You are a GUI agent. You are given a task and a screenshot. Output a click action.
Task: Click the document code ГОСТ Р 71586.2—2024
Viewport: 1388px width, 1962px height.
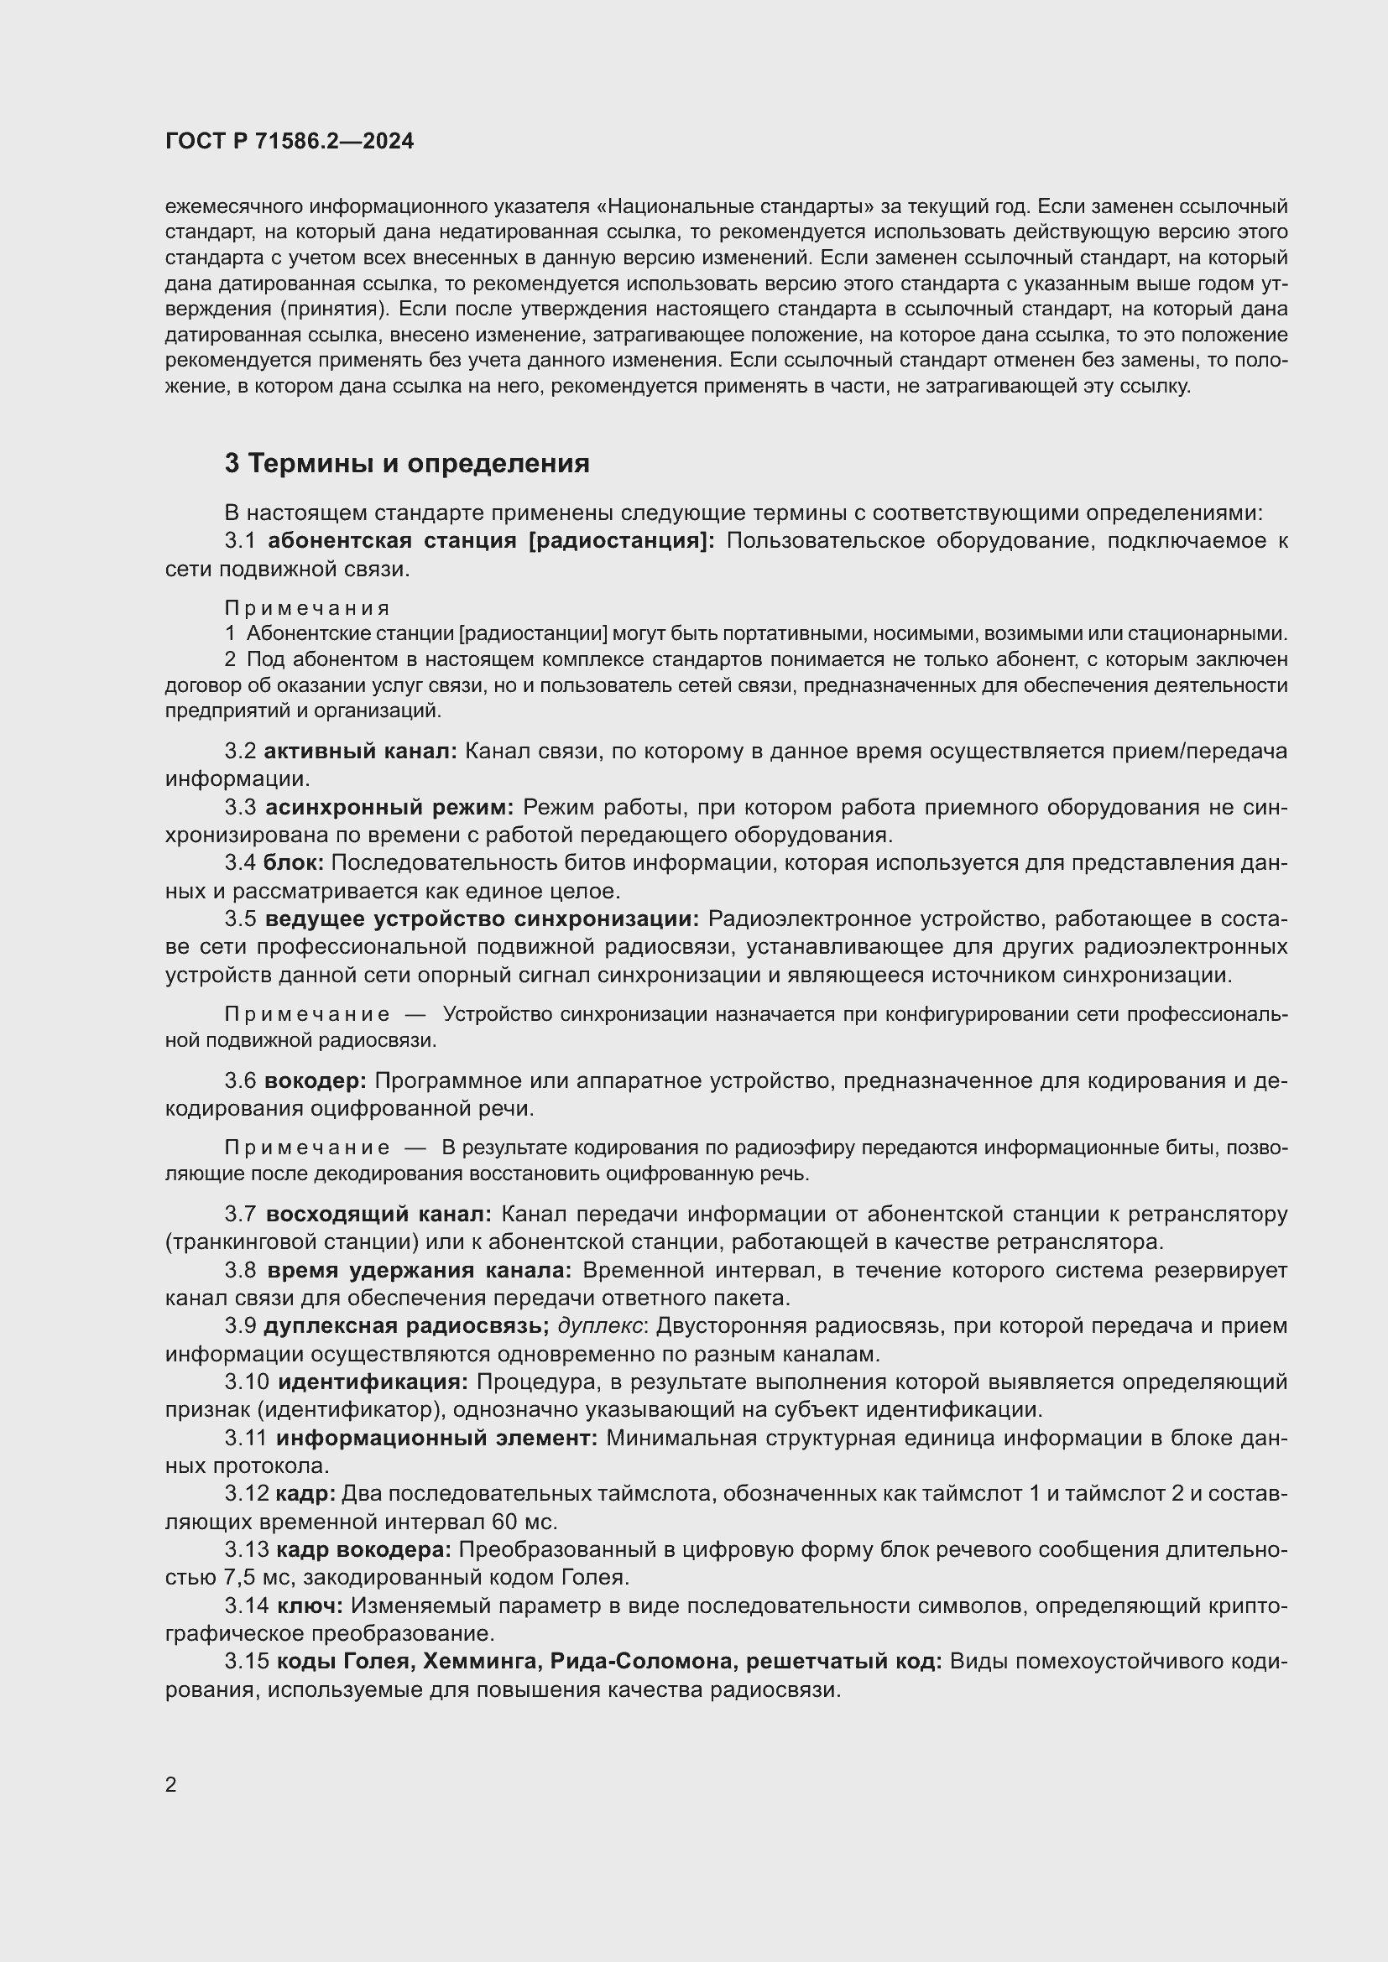click(x=289, y=141)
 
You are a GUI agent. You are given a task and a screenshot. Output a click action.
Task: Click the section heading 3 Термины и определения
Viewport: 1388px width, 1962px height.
click(x=407, y=463)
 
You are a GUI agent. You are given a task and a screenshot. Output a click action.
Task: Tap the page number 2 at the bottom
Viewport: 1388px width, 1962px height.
click(x=171, y=1784)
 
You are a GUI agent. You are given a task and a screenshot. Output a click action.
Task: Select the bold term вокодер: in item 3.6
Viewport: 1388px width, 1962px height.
click(x=316, y=1080)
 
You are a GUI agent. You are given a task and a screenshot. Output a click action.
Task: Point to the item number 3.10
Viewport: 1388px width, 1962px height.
click(x=247, y=1382)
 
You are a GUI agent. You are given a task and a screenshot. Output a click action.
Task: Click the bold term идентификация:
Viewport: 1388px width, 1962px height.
click(x=373, y=1382)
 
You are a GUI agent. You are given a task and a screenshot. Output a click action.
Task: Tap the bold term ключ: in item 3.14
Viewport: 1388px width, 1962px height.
click(x=310, y=1606)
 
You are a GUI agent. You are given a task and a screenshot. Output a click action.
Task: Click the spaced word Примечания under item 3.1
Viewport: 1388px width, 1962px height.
click(x=307, y=607)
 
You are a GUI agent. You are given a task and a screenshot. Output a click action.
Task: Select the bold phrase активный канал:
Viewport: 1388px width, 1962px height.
click(x=360, y=751)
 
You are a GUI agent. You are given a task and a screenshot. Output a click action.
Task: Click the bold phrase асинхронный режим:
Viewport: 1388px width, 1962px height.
click(x=389, y=807)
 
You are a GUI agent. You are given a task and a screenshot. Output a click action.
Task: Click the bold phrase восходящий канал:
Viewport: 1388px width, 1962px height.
click(x=378, y=1214)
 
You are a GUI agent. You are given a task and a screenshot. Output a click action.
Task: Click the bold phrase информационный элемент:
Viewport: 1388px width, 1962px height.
click(x=436, y=1439)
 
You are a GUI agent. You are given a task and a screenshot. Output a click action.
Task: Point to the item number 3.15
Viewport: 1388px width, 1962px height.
click(x=247, y=1662)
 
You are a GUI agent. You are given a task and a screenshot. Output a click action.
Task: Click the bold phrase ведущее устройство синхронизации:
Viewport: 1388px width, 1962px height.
click(x=482, y=919)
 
